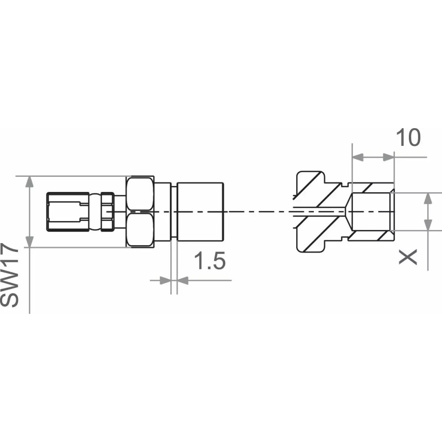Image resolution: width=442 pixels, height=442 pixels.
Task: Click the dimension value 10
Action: tap(408, 138)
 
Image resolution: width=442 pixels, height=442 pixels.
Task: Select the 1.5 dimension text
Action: tap(210, 262)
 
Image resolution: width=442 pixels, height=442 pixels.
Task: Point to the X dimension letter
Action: tap(408, 256)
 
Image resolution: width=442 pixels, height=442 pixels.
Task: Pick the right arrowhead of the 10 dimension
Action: tap(388, 157)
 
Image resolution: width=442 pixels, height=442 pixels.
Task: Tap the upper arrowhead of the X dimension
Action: tap(428, 198)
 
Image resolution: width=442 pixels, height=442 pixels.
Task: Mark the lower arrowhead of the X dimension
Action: tap(428, 225)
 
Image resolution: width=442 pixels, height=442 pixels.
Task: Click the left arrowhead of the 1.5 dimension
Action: tap(165, 280)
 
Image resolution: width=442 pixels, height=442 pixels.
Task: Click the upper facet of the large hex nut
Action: tap(141, 194)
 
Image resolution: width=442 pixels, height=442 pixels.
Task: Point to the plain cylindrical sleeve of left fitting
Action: tap(201, 212)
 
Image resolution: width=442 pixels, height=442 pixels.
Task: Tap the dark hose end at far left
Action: tap(64, 211)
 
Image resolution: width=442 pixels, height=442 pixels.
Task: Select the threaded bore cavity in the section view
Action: tap(370, 212)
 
